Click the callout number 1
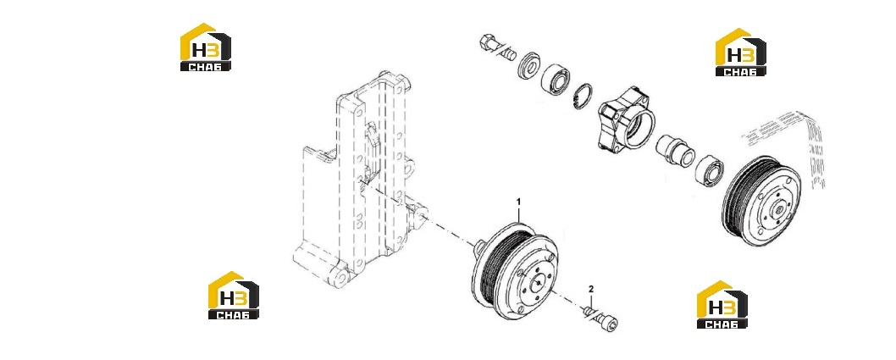(519, 202)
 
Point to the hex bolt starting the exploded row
(496, 47)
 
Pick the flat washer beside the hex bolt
(529, 65)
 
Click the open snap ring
(584, 96)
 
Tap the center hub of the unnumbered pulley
(777, 210)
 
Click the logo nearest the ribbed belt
(740, 52)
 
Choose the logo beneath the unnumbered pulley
(722, 305)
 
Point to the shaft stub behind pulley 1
(478, 246)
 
